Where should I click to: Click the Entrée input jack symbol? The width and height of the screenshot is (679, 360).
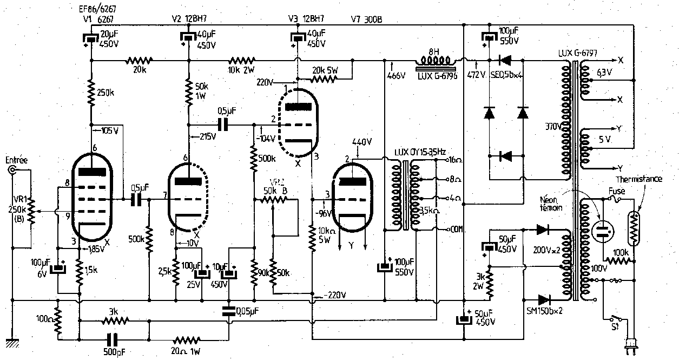[12, 171]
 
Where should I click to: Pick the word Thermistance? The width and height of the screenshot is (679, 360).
[639, 179]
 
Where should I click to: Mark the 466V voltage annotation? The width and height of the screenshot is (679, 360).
[397, 76]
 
